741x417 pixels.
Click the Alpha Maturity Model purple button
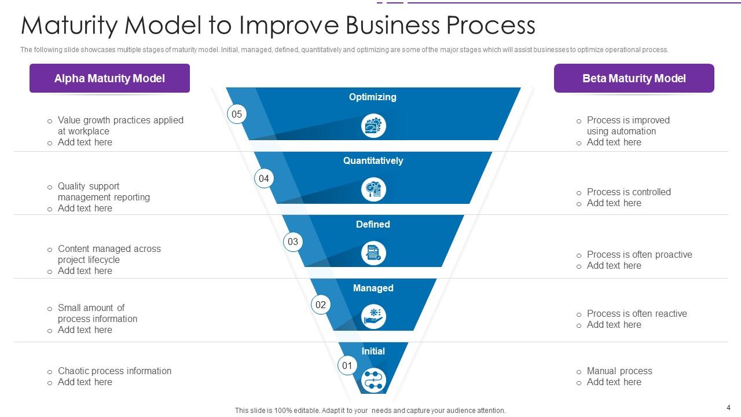coord(109,78)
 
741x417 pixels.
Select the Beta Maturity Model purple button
coord(634,78)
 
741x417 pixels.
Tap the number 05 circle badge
coord(237,114)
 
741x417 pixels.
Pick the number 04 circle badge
coord(264,178)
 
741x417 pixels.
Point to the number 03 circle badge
coord(293,242)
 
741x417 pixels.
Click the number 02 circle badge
coord(321,305)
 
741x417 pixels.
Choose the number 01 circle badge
coord(347,365)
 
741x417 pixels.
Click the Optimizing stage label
coord(373,97)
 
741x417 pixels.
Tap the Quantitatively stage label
coord(373,160)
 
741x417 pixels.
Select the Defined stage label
coord(373,224)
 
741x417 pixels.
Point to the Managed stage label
coord(373,288)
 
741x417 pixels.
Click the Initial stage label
coord(373,351)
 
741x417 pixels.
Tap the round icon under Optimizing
coord(373,126)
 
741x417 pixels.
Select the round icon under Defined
coord(373,253)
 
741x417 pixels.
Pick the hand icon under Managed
coord(373,317)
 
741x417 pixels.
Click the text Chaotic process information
coord(115,371)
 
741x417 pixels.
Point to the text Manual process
coord(619,371)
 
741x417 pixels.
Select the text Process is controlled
coord(629,192)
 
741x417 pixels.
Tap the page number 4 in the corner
coord(728,407)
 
